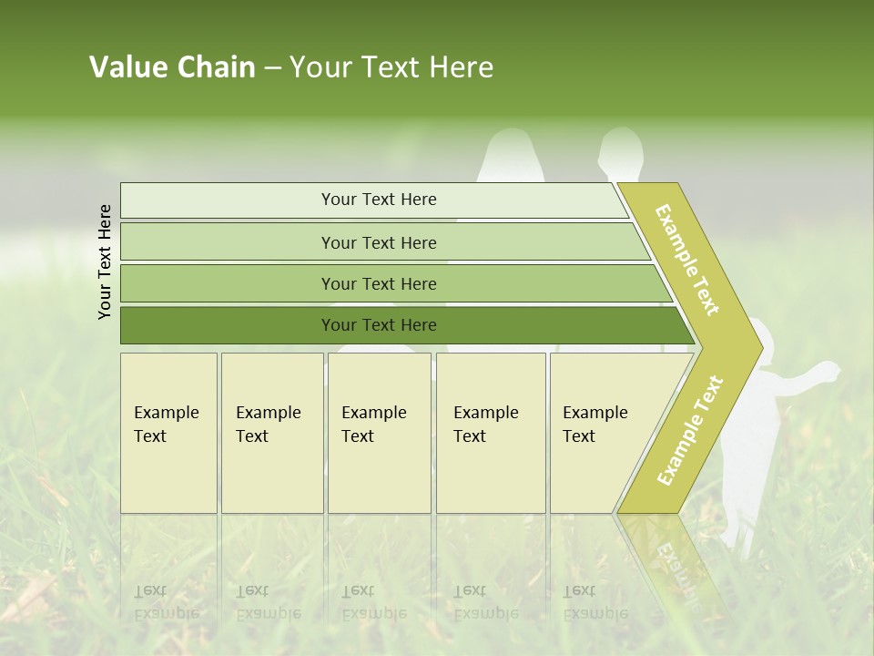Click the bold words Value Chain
[172, 67]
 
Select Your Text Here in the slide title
[391, 67]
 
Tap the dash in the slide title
[272, 68]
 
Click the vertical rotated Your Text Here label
[105, 261]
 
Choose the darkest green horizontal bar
[379, 325]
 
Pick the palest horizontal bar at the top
[379, 200]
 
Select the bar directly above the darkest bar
[379, 284]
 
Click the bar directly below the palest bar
[379, 242]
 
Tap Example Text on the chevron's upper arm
[687, 260]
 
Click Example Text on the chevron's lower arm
[690, 430]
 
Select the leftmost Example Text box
[168, 433]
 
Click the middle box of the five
[379, 433]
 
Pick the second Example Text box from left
[272, 433]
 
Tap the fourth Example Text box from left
[491, 433]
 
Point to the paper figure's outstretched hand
[828, 370]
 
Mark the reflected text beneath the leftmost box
[167, 602]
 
